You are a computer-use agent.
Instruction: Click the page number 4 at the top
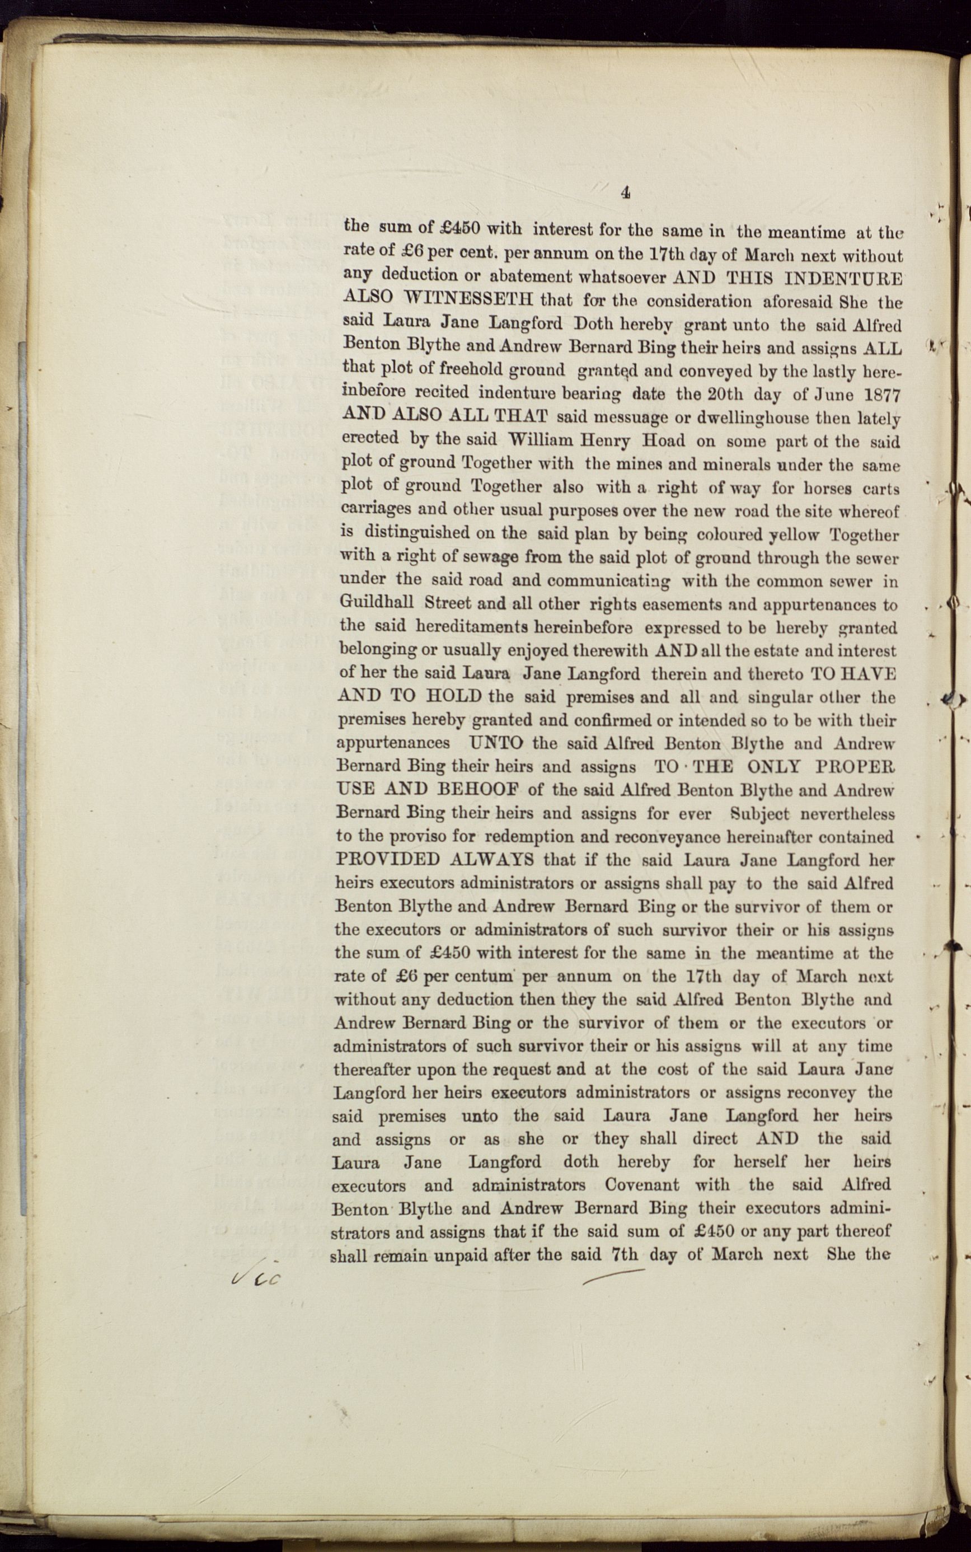(626, 192)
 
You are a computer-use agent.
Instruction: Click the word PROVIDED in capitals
(388, 859)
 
